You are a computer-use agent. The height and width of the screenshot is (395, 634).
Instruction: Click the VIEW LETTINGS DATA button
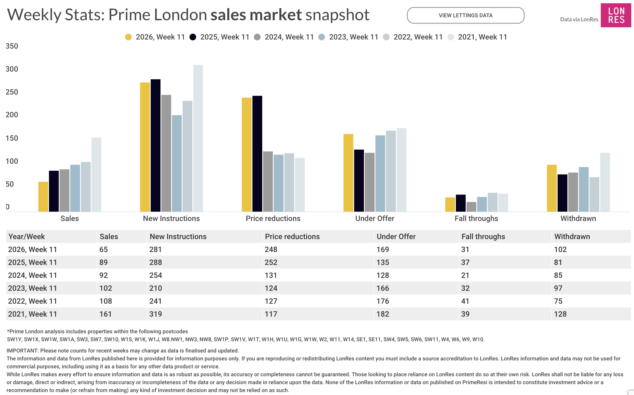pos(465,15)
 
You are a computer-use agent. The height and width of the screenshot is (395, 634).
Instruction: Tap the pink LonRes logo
pos(616,15)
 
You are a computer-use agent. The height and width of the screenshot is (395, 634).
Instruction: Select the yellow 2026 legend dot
pos(128,37)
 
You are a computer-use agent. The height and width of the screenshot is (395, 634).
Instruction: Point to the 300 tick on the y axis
pos(12,69)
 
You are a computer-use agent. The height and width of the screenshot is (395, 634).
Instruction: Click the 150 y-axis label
pos(12,138)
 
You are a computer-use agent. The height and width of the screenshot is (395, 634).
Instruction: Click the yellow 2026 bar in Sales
pos(43,196)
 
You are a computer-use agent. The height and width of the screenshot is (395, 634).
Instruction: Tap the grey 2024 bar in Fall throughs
pos(471,207)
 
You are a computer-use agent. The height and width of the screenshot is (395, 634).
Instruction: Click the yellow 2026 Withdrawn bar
pos(552,188)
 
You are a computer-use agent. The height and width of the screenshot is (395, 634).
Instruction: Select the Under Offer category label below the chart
pos(375,219)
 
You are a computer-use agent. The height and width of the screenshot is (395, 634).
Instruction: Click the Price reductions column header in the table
pos(292,237)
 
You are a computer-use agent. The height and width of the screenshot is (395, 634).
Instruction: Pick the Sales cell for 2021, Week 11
pos(106,314)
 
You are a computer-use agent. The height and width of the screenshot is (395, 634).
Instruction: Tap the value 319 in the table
pos(156,314)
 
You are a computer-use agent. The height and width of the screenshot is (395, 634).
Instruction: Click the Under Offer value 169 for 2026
pos(383,249)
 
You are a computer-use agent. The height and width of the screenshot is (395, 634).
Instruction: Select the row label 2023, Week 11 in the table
pos(32,288)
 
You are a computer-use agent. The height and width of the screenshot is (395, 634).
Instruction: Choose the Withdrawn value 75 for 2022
pos(558,301)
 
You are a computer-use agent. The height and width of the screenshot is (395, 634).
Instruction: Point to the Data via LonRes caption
pos(579,19)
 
